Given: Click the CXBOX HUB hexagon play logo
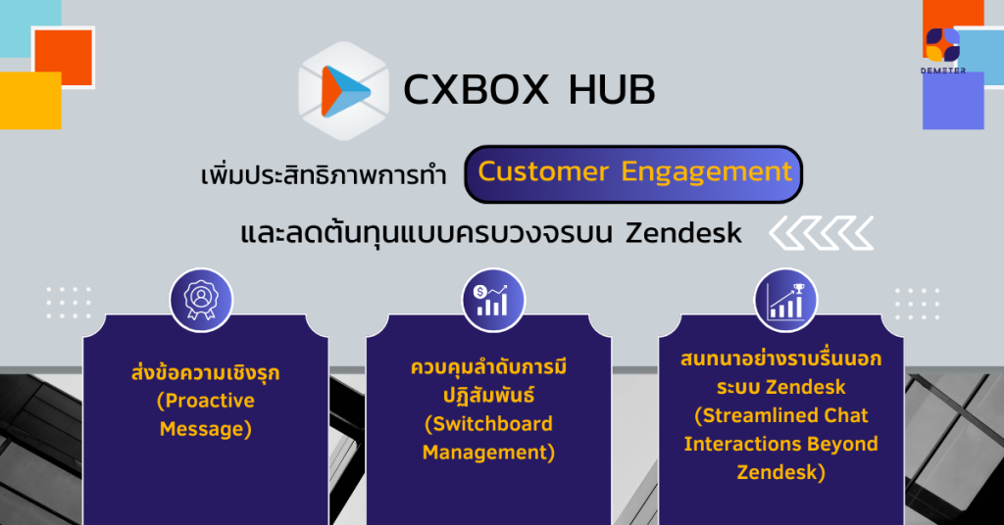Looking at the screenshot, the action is pos(344,91).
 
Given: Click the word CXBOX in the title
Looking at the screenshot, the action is pos(476,89).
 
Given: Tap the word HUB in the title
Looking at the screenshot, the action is pos(612,89).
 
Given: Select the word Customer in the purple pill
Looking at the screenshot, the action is pos(543,171).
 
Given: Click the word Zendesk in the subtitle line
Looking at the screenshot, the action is pos(683,233).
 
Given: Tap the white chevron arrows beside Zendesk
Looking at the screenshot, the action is pos(822,233).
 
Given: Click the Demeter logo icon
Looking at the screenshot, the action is pos(942,45).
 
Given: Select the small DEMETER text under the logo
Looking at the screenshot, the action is pos(943,71).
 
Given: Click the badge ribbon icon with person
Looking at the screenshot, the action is pos(201,300).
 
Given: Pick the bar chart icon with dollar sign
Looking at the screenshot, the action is pos(493,300).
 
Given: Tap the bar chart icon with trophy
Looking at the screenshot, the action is pos(785,300).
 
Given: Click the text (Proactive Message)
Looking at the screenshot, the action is pos(206,414).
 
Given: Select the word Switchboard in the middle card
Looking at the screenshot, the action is pos(488,424).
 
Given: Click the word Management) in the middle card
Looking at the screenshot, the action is pos(488,453).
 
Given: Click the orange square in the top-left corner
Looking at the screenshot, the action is pos(64,57).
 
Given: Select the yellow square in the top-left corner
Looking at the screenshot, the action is pos(30,100).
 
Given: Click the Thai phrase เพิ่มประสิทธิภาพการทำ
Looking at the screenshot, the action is pos(324,174).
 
